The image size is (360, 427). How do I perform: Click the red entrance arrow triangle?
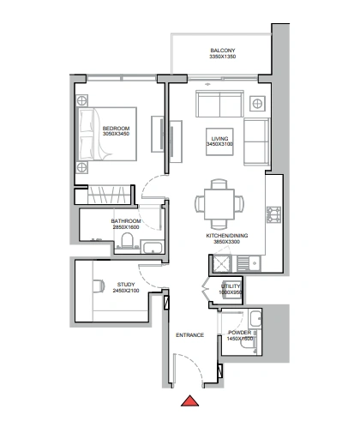(x=189, y=401)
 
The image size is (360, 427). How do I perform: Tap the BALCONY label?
(x=223, y=51)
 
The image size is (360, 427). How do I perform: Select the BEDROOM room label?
(x=116, y=129)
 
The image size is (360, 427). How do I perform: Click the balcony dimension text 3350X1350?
(x=223, y=57)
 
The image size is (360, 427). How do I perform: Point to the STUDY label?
(x=126, y=285)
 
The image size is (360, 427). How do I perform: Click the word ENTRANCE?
(x=190, y=335)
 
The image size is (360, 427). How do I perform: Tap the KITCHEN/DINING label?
(x=227, y=236)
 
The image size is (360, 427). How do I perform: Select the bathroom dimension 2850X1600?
(x=126, y=227)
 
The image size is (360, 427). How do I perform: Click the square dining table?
(x=219, y=204)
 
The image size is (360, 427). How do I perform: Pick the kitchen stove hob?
(x=273, y=214)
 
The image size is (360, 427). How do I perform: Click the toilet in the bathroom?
(x=127, y=240)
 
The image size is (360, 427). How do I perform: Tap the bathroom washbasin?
(x=153, y=248)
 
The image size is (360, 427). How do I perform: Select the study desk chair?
(x=99, y=286)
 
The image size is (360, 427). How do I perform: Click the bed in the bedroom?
(x=106, y=134)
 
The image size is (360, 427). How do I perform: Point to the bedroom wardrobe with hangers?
(x=110, y=195)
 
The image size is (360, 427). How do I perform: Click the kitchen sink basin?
(x=255, y=262)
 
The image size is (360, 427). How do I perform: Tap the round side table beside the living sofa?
(x=257, y=104)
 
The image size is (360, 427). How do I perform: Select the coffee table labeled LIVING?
(x=219, y=141)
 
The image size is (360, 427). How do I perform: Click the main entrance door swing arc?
(x=191, y=365)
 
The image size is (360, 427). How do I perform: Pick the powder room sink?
(x=255, y=318)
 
